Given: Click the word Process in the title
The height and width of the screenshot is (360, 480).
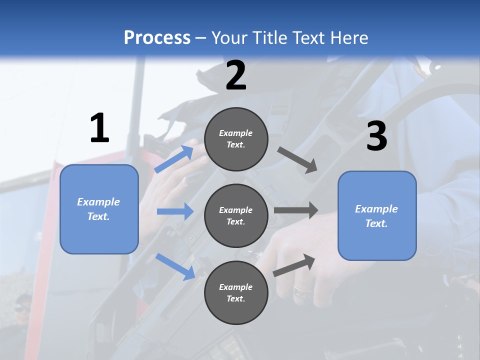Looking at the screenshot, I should pos(157,37).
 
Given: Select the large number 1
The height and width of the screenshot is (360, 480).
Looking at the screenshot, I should pos(99,128).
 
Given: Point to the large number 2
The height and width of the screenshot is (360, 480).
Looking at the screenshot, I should pos(236,75).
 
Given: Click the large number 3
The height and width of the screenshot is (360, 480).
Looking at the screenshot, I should pos(376,136).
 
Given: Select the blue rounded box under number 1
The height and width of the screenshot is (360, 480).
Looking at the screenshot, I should pos(99,209).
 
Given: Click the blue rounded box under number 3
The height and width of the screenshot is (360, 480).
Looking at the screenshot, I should pos(377,215).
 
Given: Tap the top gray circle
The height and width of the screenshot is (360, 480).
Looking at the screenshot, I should pos(236,139).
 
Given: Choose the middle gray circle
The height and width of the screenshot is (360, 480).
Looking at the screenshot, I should pos(236,215).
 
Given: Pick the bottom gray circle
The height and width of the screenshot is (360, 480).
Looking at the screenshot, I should pos(236,292).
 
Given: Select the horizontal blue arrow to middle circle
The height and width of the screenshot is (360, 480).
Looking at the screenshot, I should pos(175,211).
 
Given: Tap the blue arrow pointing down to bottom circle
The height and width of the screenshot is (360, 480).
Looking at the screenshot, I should pos(175,266).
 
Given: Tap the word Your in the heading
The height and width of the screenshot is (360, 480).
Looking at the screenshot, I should pos(228,37).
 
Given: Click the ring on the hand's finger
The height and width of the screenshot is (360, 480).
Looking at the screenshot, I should pos(300,290).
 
